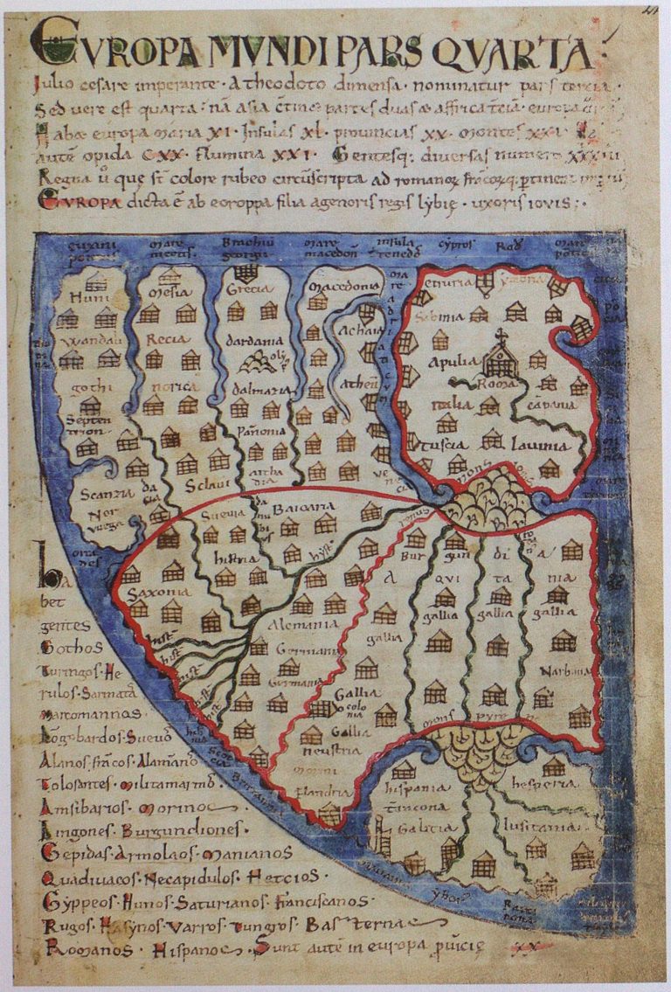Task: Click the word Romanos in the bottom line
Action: pos(70,946)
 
